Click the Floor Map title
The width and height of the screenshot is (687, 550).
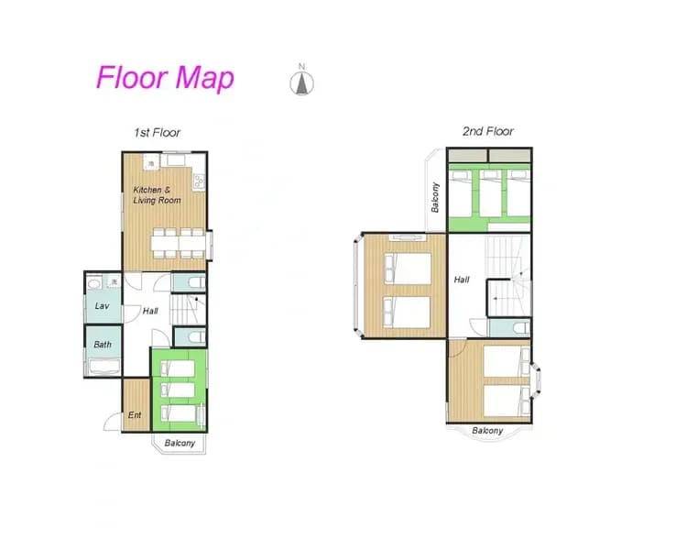165,78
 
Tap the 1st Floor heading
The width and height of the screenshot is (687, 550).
157,132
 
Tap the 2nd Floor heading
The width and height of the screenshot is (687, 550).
488,131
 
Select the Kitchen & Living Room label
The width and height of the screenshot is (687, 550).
157,195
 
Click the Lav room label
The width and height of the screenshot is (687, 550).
102,305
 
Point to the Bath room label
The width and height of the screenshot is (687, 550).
103,345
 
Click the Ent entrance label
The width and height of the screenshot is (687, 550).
135,414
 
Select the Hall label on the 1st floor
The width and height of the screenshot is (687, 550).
150,311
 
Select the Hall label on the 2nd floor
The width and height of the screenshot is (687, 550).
462,280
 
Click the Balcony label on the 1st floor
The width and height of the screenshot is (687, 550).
180,443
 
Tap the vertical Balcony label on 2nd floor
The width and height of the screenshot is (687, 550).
435,197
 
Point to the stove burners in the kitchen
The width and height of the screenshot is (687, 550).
199,181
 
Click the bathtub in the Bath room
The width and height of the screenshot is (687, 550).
104,367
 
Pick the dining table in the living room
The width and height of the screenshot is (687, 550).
179,243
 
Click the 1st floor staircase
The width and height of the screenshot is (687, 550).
188,309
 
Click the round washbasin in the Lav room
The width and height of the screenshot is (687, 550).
93,283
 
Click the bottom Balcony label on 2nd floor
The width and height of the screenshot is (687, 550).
487,431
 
